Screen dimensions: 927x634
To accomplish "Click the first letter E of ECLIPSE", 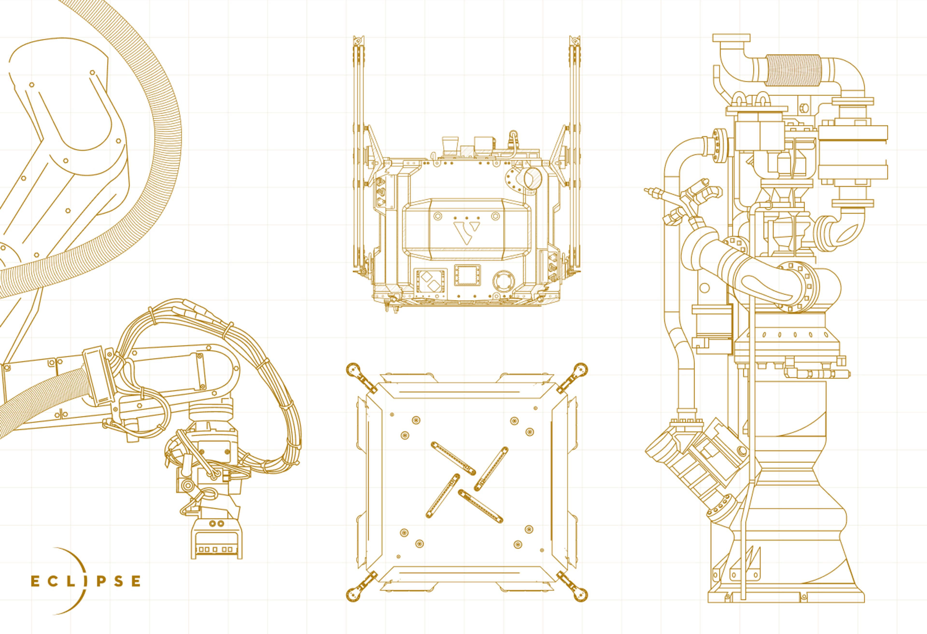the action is pos(35,581).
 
